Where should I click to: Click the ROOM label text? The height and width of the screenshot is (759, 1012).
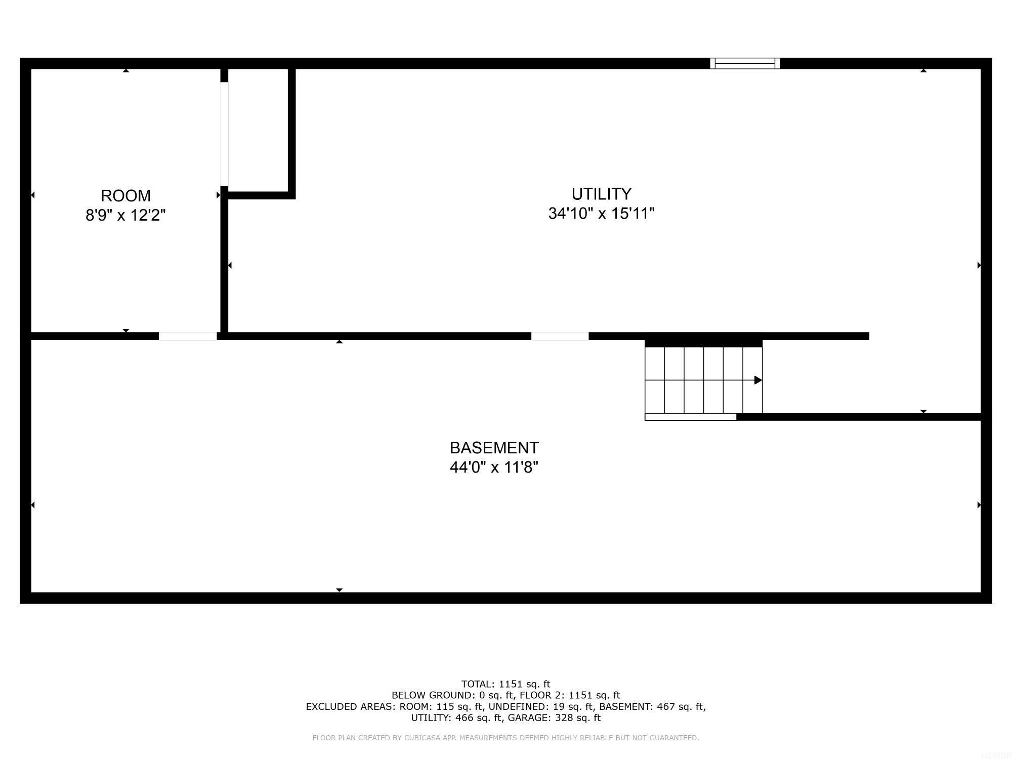pyautogui.click(x=125, y=196)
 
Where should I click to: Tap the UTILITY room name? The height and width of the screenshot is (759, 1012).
pyautogui.click(x=601, y=194)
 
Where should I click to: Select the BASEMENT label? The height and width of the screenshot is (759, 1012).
pyautogui.click(x=494, y=448)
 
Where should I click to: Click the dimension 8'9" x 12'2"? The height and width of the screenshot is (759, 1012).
pyautogui.click(x=125, y=215)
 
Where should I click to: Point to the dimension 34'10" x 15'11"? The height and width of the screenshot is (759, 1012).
pyautogui.click(x=601, y=214)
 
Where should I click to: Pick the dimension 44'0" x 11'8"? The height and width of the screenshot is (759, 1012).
pyautogui.click(x=494, y=467)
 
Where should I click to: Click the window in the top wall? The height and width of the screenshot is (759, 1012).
pyautogui.click(x=745, y=63)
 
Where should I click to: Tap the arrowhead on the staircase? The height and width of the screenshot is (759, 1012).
pyautogui.click(x=758, y=380)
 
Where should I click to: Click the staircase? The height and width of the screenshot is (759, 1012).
pyautogui.click(x=703, y=380)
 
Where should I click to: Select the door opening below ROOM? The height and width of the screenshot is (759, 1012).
pyautogui.click(x=188, y=336)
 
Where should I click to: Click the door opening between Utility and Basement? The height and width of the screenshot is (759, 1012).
pyautogui.click(x=560, y=336)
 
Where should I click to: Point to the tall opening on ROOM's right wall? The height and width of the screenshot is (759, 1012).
pyautogui.click(x=224, y=134)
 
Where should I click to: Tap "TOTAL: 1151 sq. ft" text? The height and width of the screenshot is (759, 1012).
pyautogui.click(x=505, y=684)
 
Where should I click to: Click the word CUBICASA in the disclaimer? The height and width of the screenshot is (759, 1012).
pyautogui.click(x=422, y=738)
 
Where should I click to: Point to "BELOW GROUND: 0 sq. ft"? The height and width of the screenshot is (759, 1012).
pyautogui.click(x=446, y=695)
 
